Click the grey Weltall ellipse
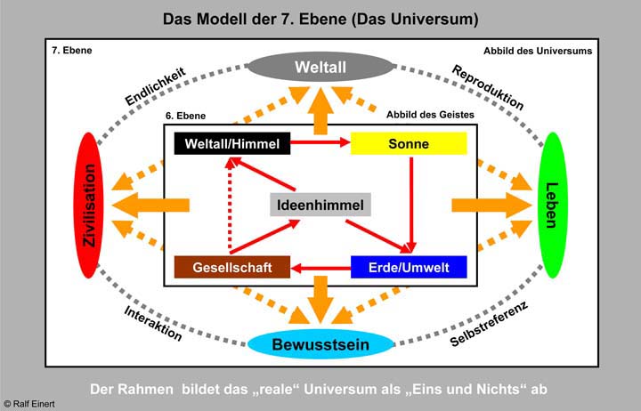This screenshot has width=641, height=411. (x=320, y=66)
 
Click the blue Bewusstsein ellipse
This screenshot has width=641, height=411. (x=320, y=344)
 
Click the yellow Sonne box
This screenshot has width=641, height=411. (x=409, y=142)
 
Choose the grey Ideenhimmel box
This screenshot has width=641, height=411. (x=320, y=205)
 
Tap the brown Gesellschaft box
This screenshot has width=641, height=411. (x=232, y=267)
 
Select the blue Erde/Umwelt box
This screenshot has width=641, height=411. (x=409, y=267)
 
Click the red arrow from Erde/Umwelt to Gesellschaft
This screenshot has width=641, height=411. (x=322, y=267)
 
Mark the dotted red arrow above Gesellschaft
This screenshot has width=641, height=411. (x=231, y=205)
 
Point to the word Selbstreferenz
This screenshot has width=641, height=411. (x=490, y=320)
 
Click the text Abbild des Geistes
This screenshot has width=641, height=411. (x=431, y=115)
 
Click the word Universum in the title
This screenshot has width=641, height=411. (x=431, y=18)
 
